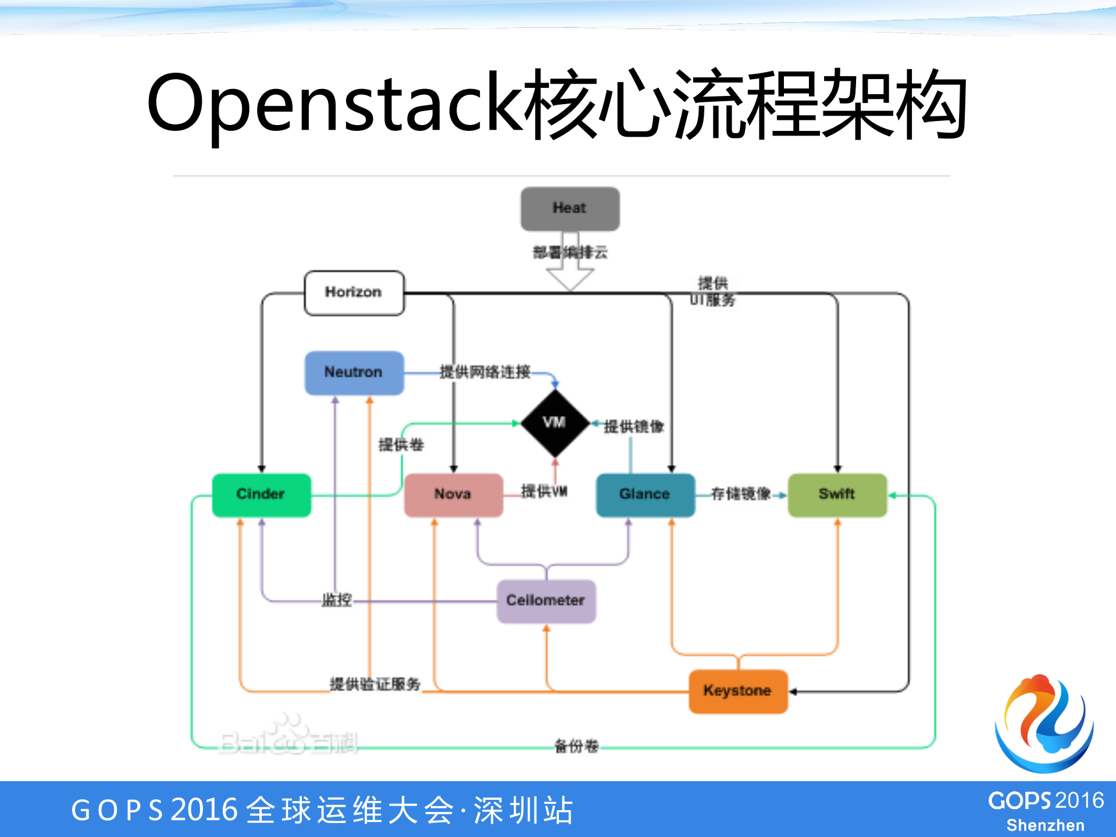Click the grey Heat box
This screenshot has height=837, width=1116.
[570, 208]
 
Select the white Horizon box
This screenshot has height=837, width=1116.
[354, 293]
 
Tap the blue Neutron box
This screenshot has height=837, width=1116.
[354, 372]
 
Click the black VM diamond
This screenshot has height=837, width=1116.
[555, 423]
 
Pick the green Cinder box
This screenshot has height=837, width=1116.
[261, 494]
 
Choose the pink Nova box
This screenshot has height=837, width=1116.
[453, 494]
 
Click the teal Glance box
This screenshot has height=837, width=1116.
[645, 494]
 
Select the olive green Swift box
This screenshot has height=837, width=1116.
[837, 494]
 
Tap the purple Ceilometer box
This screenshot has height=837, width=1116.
[545, 601]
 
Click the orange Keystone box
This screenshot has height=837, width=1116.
[737, 691]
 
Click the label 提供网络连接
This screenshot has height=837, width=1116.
[484, 372]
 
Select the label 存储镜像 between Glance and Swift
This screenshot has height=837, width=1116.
[740, 494]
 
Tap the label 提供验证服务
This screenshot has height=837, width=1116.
[375, 684]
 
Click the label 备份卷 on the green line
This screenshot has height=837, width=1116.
[576, 746]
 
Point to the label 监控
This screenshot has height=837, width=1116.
[337, 600]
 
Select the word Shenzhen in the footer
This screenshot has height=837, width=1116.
[1045, 825]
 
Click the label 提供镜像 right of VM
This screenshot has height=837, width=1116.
[634, 427]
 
